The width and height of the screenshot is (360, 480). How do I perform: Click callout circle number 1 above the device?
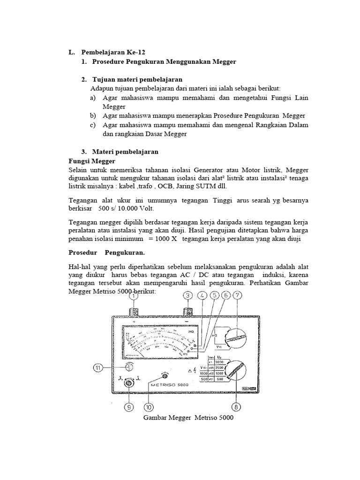tap(134, 296)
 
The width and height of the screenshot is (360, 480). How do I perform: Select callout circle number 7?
tap(238, 296)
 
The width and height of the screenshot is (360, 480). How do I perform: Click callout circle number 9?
tap(128, 407)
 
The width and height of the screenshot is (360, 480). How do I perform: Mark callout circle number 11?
tap(97, 368)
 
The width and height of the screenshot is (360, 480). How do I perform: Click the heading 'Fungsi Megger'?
tap(92, 161)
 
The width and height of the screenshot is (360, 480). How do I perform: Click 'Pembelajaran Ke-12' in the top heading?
tap(110, 52)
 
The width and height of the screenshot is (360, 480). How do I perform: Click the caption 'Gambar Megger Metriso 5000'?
tap(188, 418)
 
